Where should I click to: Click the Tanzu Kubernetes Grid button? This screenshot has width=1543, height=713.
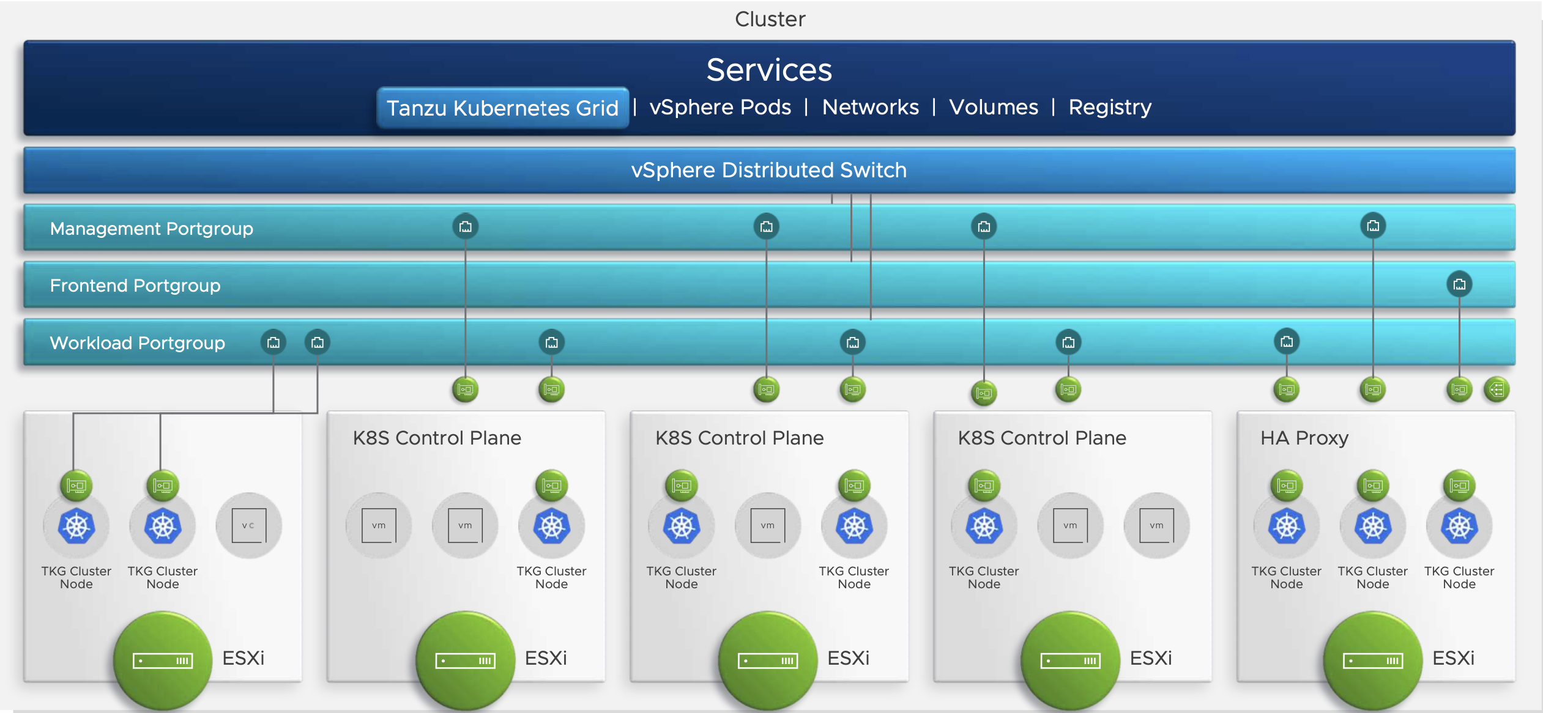click(x=502, y=108)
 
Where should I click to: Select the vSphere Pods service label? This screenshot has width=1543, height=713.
click(x=720, y=108)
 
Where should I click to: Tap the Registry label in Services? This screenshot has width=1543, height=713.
click(x=1110, y=108)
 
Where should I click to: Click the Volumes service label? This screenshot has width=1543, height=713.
click(x=994, y=108)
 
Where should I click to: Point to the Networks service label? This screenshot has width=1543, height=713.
click(x=870, y=108)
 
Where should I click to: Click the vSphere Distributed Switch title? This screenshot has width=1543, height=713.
click(x=769, y=170)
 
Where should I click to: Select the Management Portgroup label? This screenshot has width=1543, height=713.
click(x=151, y=229)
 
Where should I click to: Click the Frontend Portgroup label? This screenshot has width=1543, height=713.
click(x=135, y=286)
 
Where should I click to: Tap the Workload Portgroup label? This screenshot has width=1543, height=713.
click(x=137, y=343)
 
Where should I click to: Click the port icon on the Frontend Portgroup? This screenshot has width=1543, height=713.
click(x=1459, y=284)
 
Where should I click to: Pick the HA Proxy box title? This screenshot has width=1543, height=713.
click(x=1304, y=438)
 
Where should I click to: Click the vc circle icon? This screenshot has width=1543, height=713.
click(x=248, y=525)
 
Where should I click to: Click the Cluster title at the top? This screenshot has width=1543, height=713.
click(x=770, y=19)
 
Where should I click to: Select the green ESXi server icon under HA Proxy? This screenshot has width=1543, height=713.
click(x=1373, y=660)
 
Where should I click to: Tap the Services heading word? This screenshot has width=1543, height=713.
click(x=769, y=70)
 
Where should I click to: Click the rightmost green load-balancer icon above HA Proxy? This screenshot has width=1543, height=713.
click(x=1497, y=390)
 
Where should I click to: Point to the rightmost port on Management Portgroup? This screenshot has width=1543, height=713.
click(x=1373, y=226)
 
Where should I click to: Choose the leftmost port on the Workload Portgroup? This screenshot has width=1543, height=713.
click(x=273, y=342)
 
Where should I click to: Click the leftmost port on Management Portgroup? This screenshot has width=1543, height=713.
click(x=466, y=227)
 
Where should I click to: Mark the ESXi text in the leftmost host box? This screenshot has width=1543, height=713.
click(x=243, y=658)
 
